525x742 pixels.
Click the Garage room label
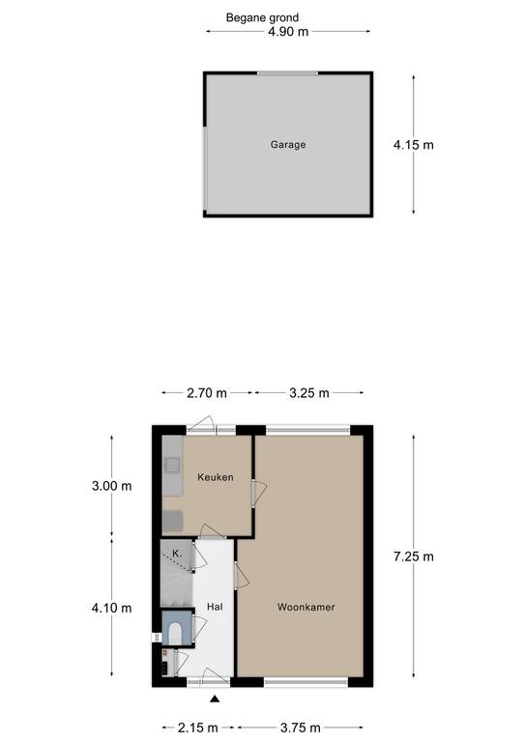tap(288, 145)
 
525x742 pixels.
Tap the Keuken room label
tap(216, 477)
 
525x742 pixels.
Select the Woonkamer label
tap(306, 607)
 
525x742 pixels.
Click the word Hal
tap(215, 607)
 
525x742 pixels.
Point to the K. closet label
tap(177, 554)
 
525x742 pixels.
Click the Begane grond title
tap(262, 18)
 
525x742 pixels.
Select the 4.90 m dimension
tap(288, 32)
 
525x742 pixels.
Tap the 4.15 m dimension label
tap(413, 145)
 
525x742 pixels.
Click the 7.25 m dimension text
tap(413, 556)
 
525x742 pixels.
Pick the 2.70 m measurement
tap(206, 393)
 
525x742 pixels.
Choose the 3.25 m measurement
tap(309, 393)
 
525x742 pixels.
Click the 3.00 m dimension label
tap(112, 486)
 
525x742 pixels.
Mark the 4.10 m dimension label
tap(112, 608)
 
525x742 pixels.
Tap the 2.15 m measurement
tap(198, 728)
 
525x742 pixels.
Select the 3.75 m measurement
tap(300, 728)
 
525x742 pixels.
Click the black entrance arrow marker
tap(215, 699)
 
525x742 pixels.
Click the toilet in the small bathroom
tap(175, 633)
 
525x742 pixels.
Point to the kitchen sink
tap(172, 465)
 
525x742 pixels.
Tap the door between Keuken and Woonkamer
tap(258, 493)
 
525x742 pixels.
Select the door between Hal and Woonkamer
tap(241, 575)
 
